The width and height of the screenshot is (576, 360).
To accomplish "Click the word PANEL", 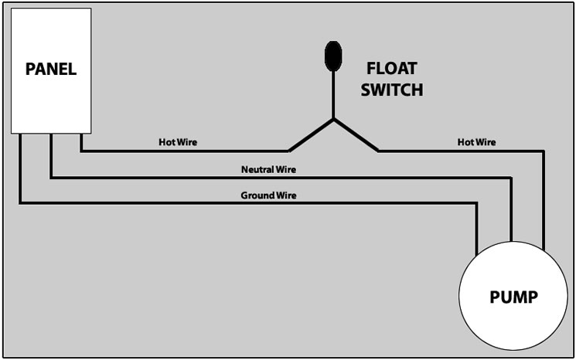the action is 51,69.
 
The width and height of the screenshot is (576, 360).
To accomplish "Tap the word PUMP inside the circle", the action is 513,297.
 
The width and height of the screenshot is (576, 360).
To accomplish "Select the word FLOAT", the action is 391,68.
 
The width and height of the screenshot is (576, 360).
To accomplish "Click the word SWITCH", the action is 391,90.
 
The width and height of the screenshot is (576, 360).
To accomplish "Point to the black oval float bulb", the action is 333,56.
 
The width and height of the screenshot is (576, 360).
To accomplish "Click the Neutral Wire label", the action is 268,169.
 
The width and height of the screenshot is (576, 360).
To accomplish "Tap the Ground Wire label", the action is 268,195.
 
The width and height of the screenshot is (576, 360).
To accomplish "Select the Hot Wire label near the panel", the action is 178,142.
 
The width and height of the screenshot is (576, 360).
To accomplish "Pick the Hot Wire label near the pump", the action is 476,142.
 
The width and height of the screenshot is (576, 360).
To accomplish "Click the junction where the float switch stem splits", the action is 333,119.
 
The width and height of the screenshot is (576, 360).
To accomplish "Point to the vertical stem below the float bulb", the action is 333,95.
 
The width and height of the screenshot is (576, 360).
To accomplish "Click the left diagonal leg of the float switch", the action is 311,135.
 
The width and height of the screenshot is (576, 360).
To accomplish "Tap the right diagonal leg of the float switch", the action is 356,135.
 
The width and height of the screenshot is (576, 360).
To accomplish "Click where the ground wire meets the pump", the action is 477,255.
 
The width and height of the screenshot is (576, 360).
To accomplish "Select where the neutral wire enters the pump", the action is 510,241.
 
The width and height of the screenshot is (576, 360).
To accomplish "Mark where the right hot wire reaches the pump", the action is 544,250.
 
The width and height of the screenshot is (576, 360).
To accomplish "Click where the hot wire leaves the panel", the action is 81,134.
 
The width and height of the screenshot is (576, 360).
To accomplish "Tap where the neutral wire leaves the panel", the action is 51,134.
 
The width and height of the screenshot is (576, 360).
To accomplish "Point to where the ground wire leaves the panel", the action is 20,134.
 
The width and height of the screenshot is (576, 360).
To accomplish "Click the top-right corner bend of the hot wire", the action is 544,151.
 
